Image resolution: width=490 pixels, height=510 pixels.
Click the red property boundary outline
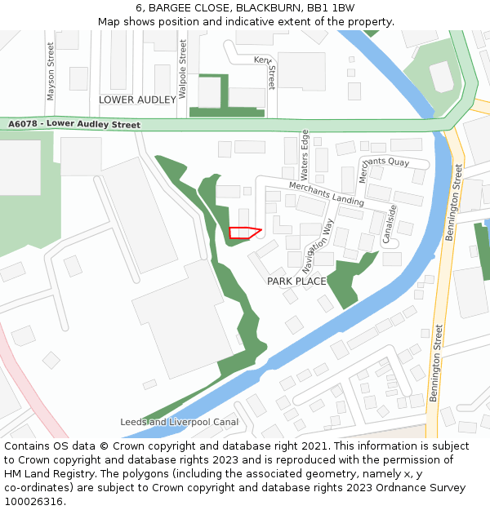click(244, 233)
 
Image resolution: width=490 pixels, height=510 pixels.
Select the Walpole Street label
click(183, 69)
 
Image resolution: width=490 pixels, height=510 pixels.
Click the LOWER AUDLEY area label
click(137, 100)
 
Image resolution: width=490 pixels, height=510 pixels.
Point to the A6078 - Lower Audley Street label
click(74, 124)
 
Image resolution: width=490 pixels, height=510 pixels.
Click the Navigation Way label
click(318, 245)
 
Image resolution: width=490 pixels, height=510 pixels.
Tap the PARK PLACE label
click(296, 282)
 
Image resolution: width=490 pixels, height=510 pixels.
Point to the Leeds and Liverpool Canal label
click(179, 423)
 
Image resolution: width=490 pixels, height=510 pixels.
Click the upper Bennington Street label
click(454, 202)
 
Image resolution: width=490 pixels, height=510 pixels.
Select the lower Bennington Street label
click(437, 363)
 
